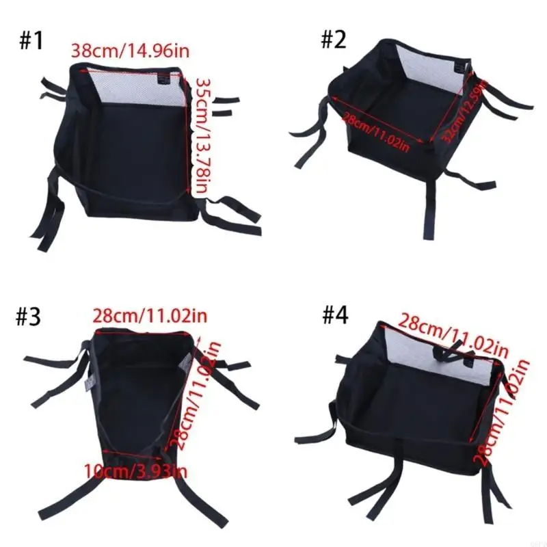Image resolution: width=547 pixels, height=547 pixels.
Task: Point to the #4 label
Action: tap(335, 317)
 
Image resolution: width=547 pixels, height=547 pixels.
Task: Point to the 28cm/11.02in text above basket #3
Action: tap(150, 316)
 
